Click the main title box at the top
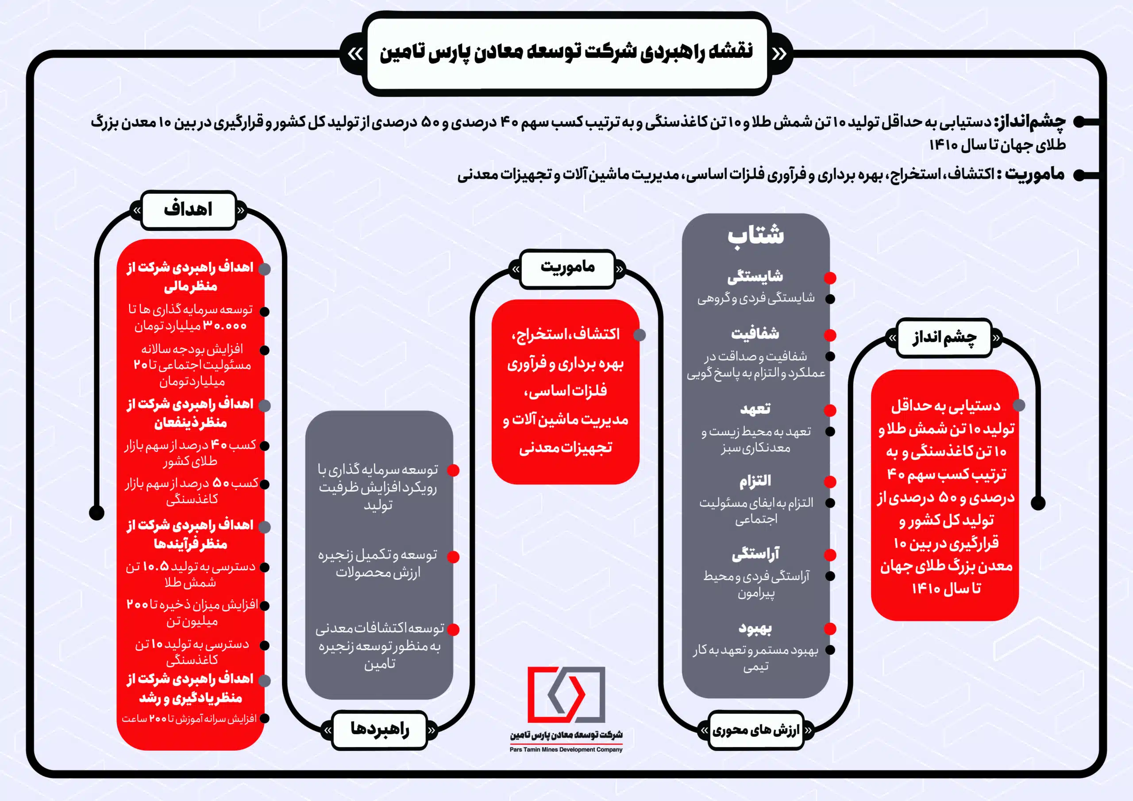[566, 53]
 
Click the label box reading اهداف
[188, 210]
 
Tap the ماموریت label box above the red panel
[567, 268]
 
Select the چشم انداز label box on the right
[944, 338]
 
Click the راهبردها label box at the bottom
[379, 729]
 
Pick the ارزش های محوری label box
[755, 731]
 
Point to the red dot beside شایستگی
[830, 278]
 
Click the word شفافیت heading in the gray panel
[755, 334]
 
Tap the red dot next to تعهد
[830, 410]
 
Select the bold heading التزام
[755, 481]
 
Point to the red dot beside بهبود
[830, 629]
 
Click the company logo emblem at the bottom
[566, 694]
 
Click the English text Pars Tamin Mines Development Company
[566, 750]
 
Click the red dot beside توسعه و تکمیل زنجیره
[453, 557]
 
